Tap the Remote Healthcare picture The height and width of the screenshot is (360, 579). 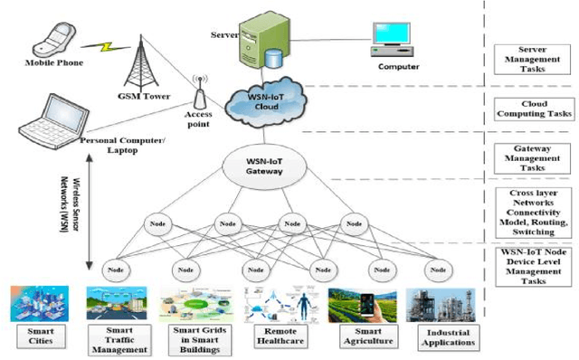pos(277,304)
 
